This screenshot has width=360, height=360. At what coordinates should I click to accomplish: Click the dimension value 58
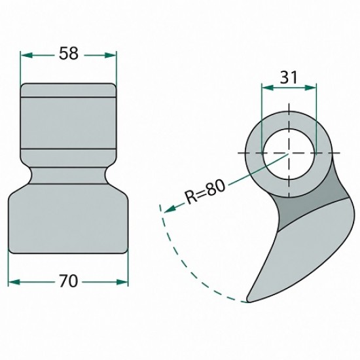69,54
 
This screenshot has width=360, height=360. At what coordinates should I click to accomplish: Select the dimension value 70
69,281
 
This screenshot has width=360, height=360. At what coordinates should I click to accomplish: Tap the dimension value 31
289,77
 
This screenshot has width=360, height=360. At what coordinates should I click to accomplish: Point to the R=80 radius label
205,192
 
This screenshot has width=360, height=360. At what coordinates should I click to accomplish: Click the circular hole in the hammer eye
289,153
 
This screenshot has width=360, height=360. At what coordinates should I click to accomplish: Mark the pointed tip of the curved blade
247,301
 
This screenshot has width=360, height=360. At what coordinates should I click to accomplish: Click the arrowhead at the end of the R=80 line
170,208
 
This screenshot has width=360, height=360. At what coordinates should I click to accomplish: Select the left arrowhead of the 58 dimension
26,55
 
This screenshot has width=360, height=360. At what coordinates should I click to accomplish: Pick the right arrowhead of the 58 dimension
111,55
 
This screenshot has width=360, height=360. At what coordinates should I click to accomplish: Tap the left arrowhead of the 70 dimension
14,282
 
